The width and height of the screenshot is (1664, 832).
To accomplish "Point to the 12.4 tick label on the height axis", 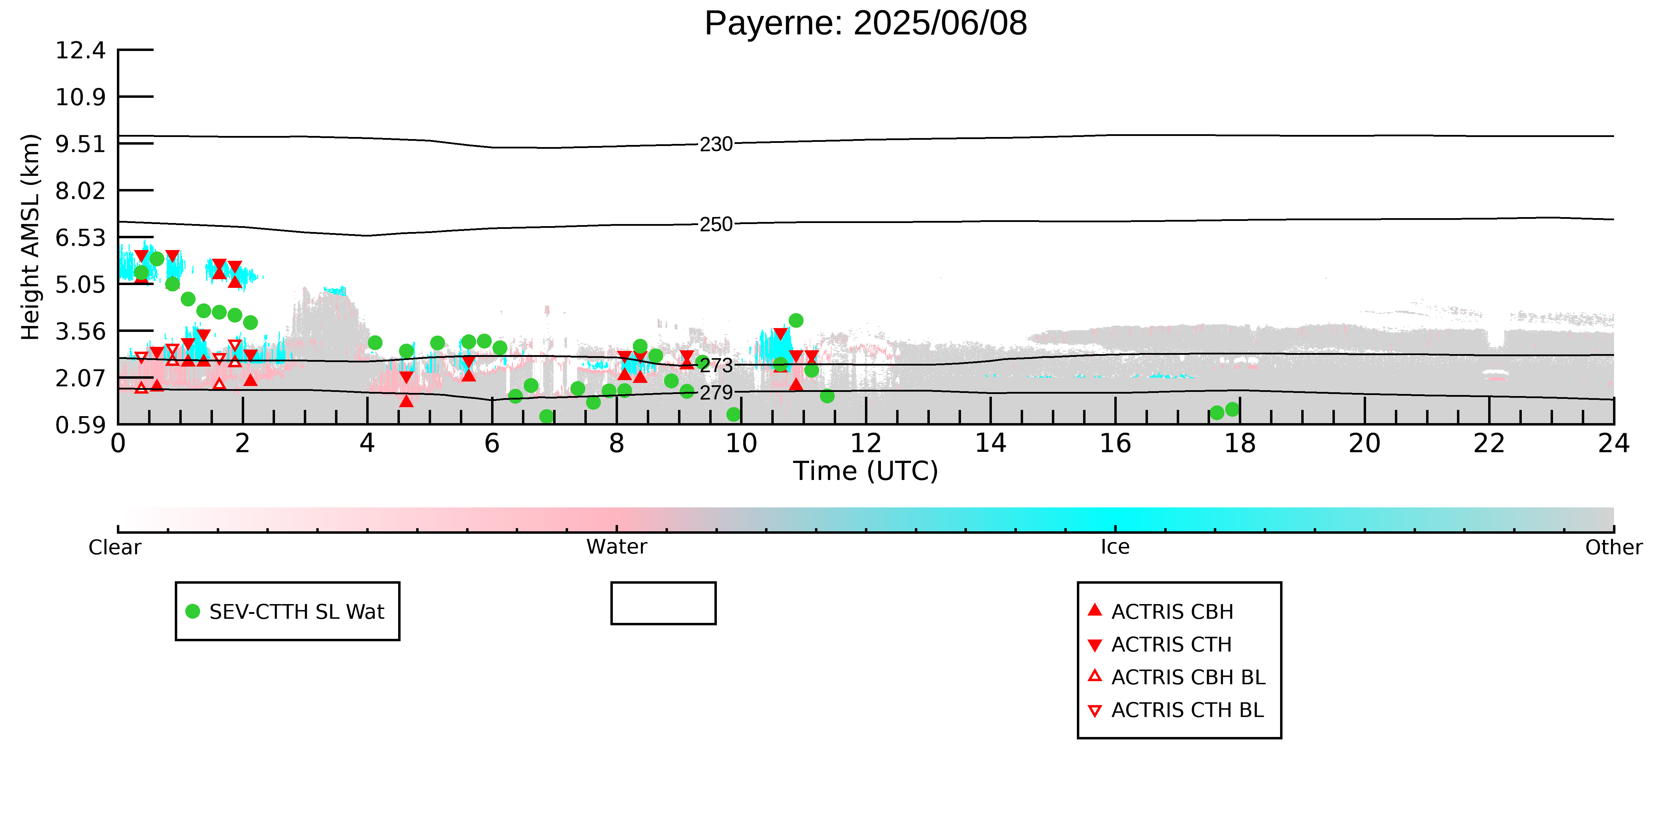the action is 80,50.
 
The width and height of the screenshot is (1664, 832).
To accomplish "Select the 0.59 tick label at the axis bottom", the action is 80,425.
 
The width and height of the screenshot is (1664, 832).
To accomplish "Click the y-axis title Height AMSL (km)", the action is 31,237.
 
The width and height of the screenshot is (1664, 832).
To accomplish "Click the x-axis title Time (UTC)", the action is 866,471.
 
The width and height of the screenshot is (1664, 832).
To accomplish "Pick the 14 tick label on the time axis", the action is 990,444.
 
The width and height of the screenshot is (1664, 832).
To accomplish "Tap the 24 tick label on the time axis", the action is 1614,444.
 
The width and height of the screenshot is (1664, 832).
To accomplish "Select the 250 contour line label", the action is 717,225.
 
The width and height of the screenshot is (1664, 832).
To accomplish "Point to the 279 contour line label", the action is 717,393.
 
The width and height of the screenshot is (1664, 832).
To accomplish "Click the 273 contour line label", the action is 717,366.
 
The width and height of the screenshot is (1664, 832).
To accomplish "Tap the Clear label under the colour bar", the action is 115,547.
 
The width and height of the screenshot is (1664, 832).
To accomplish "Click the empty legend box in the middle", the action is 663,603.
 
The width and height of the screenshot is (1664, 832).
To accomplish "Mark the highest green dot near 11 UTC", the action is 796,320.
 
